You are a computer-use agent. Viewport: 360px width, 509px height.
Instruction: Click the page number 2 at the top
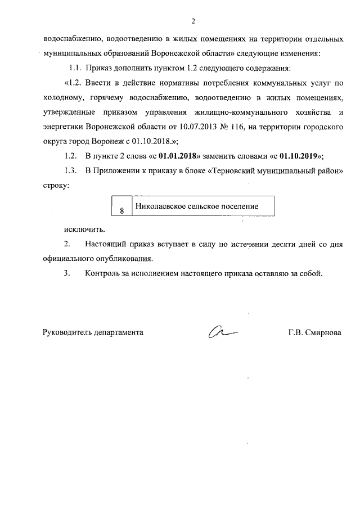click(192, 22)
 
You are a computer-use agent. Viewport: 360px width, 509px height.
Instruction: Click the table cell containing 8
click(121, 211)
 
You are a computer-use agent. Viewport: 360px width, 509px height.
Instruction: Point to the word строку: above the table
click(56, 186)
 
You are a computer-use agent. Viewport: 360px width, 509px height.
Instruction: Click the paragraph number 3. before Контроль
click(67, 274)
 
